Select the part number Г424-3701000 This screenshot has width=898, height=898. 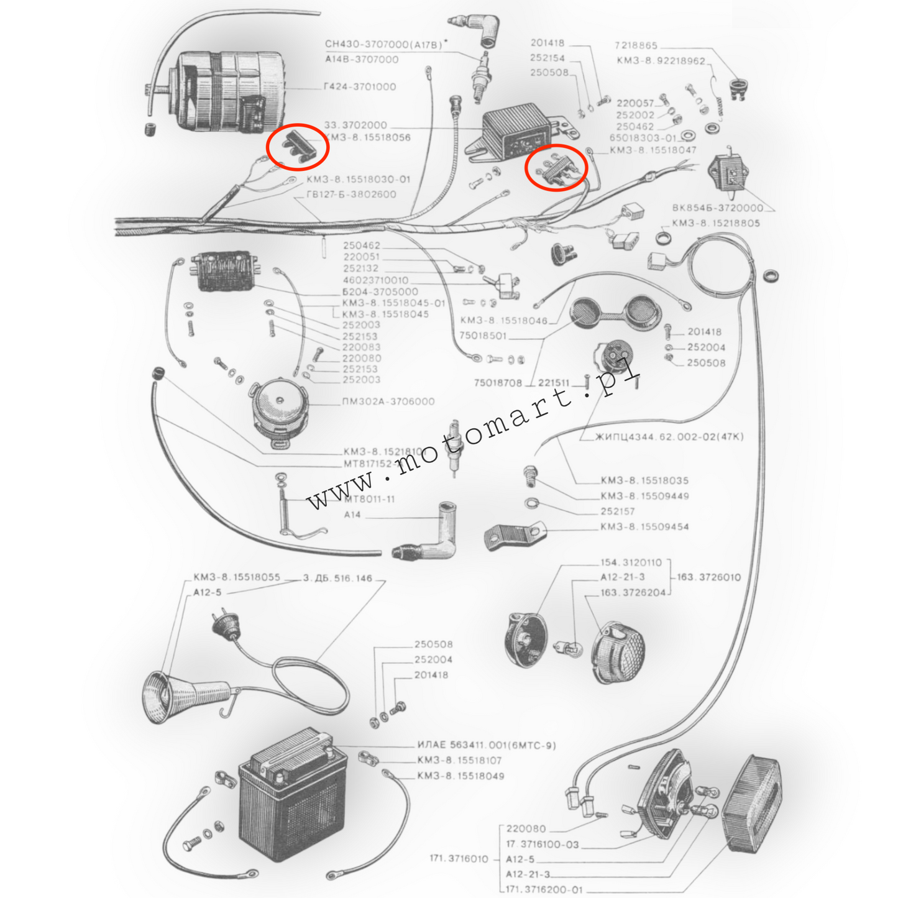pos(360,87)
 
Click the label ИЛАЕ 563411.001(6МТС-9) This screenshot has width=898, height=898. pos(486,745)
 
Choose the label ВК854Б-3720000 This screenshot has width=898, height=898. pos(717,208)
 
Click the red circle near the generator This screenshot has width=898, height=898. pos(297,147)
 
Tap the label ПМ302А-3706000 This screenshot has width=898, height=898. pos(388,401)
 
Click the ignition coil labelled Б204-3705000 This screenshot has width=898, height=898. pos(225,271)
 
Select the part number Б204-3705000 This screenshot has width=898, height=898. pos(380,291)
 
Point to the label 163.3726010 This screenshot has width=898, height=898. pos(708,577)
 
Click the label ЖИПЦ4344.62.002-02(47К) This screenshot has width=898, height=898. pos(669,437)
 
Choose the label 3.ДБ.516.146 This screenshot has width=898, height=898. pos(337,578)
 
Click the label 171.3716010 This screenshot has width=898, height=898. pos(459,859)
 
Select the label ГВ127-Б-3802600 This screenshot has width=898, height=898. pos(351,194)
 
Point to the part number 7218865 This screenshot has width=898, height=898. pos(636,45)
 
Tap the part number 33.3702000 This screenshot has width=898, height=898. pos(355,125)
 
